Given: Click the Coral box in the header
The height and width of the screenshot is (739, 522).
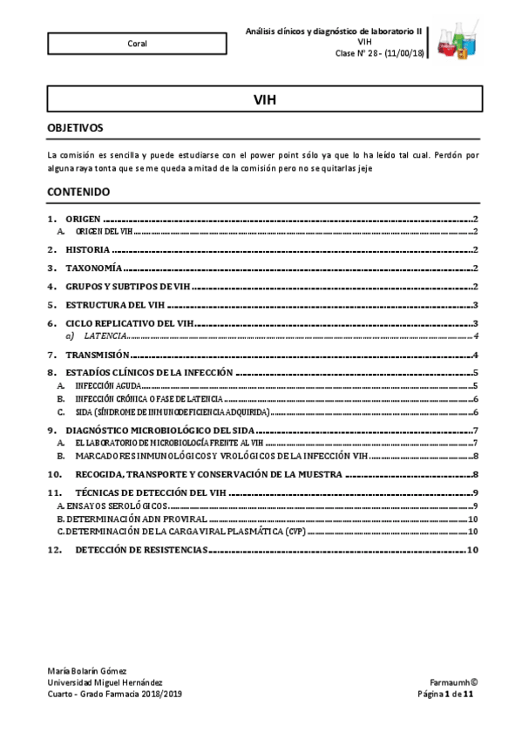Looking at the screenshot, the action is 136,43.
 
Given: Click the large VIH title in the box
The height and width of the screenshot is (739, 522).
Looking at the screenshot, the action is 264,99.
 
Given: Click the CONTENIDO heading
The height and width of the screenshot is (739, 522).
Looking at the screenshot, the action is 78,191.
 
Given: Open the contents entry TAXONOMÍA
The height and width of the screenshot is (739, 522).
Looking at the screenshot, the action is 94,268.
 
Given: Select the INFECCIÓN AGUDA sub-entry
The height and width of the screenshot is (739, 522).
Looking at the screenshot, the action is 106,384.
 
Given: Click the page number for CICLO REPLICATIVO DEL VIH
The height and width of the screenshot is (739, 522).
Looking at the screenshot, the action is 475,324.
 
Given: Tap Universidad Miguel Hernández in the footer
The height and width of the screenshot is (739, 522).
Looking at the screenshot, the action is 104,681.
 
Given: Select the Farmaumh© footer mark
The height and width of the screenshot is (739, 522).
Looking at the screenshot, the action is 453,681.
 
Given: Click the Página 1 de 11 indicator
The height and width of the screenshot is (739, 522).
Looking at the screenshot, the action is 445,694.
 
